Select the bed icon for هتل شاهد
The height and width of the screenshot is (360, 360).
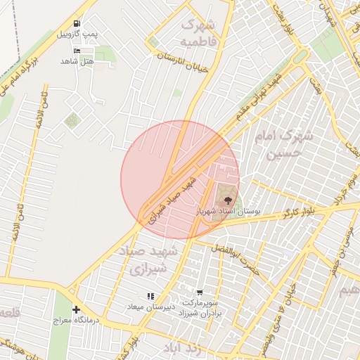coord(77,51)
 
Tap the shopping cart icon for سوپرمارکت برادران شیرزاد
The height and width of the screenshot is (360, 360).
coord(200,292)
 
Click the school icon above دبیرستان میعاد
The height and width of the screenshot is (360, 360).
coord(150,296)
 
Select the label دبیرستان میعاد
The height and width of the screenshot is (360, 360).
coord(149,307)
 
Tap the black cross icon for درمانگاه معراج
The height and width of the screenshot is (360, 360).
coord(76,309)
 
